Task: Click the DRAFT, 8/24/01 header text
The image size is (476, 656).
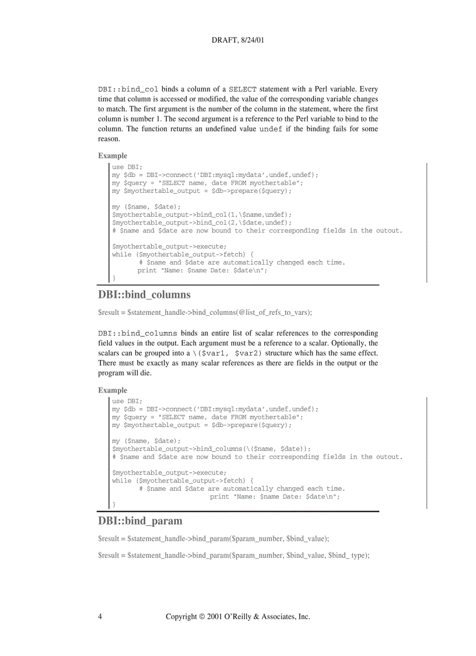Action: coord(239,42)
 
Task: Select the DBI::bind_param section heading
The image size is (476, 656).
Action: coord(140,520)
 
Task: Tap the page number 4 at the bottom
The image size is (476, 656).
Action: coord(100,616)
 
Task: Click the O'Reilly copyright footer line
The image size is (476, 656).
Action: coord(238,616)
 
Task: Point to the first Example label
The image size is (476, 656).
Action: coord(112,155)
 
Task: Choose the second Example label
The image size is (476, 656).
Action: coord(112,390)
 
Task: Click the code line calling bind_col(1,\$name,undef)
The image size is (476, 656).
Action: coord(202,215)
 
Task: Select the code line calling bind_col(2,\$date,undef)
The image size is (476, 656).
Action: coord(202,223)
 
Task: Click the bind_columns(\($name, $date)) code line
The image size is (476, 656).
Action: coord(211,449)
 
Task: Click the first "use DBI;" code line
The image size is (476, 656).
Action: coord(127,167)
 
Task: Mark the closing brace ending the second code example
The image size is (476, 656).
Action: coord(114,504)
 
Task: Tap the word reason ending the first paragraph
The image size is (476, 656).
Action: coord(108,139)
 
